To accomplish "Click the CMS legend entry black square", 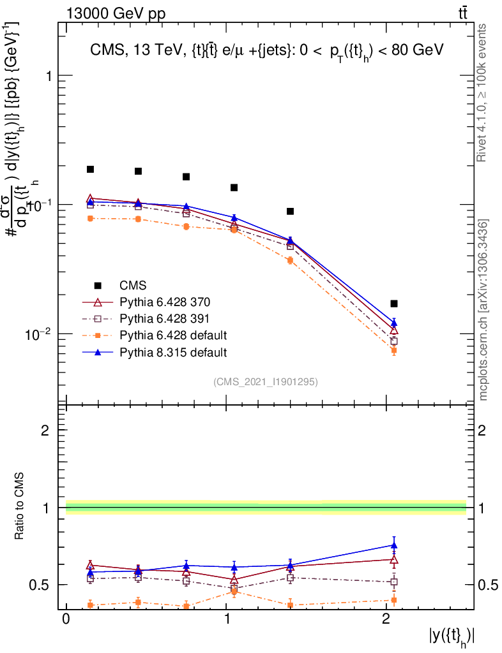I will coord(98,285).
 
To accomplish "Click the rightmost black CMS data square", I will coord(394,304).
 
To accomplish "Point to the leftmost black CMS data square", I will coord(91,169).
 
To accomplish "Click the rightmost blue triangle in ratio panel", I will coord(394,545).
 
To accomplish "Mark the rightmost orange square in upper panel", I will coord(394,350).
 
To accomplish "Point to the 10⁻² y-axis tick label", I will coord(40,334).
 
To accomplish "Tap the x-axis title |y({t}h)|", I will coord(452,637).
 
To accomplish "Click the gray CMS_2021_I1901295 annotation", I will coord(266,381).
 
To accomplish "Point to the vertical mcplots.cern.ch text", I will coord(484,310).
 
